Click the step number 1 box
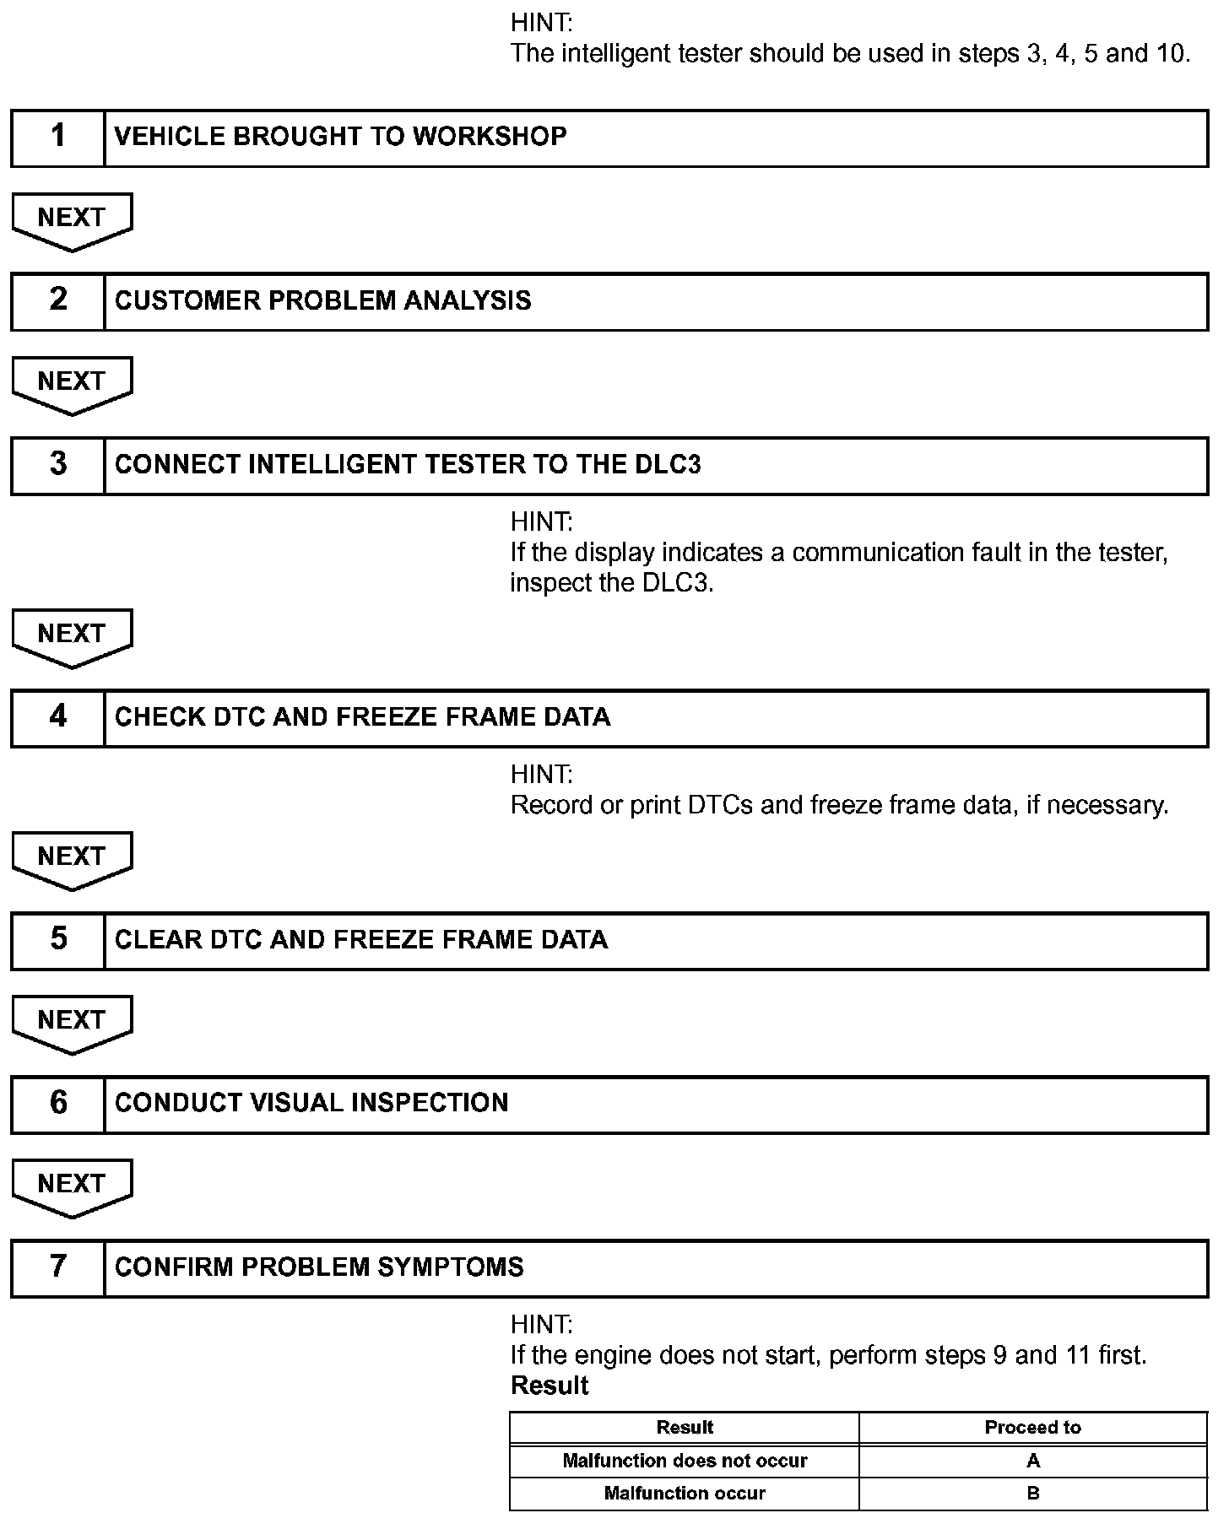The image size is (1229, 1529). coord(57,137)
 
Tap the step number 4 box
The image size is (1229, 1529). coord(57,717)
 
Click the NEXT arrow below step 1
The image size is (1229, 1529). coord(72,219)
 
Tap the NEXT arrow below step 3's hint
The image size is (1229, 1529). coord(72,635)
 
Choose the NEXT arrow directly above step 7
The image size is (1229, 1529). coord(72,1186)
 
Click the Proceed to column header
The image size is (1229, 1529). coord(1032,1427)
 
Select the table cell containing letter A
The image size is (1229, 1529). coord(1032,1461)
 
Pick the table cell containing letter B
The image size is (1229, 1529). coord(1032,1493)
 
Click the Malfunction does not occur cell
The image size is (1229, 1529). coord(685,1461)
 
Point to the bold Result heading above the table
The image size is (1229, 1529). coord(550,1386)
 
